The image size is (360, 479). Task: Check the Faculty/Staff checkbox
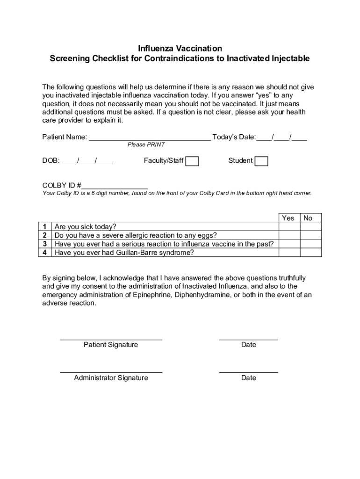[192, 161]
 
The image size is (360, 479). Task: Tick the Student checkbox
[261, 161]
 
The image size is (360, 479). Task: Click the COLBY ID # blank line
[115, 187]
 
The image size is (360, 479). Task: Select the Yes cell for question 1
[289, 227]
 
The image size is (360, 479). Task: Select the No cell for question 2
[311, 235]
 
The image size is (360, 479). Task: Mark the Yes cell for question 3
[289, 244]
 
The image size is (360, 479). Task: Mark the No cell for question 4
[311, 253]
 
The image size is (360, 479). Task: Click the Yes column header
[288, 218]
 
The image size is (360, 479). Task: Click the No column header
[308, 218]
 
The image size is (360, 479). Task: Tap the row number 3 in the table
[45, 244]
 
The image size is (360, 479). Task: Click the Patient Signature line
[111, 337]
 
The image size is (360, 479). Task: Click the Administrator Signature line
[111, 371]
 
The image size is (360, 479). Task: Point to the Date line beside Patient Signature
[248, 337]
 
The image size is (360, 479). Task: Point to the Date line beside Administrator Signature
[248, 371]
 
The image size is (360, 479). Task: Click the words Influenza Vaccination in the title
[180, 49]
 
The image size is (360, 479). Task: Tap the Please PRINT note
[146, 145]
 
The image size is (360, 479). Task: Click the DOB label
[50, 161]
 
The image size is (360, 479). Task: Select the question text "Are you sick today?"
[86, 227]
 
